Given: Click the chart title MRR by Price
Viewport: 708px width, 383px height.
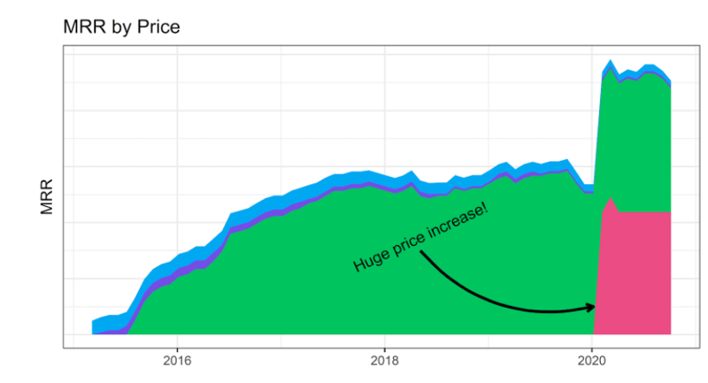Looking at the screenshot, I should (x=121, y=27).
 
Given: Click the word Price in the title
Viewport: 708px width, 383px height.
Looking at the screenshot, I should (x=157, y=27).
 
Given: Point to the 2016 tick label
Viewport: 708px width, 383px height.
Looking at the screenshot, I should (x=177, y=361).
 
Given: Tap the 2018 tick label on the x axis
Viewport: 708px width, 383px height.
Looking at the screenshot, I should (x=384, y=361).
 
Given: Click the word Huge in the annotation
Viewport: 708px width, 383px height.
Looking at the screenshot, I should (x=369, y=259).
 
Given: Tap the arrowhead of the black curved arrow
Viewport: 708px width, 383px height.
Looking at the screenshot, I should (x=591, y=307).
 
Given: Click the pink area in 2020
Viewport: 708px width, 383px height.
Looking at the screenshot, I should (x=633, y=274).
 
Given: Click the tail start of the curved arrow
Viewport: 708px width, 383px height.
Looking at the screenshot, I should (x=421, y=253).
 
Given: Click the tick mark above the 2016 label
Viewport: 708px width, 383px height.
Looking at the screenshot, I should (x=177, y=349).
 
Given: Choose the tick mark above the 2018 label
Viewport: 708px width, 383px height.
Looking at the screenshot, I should (x=384, y=349).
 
